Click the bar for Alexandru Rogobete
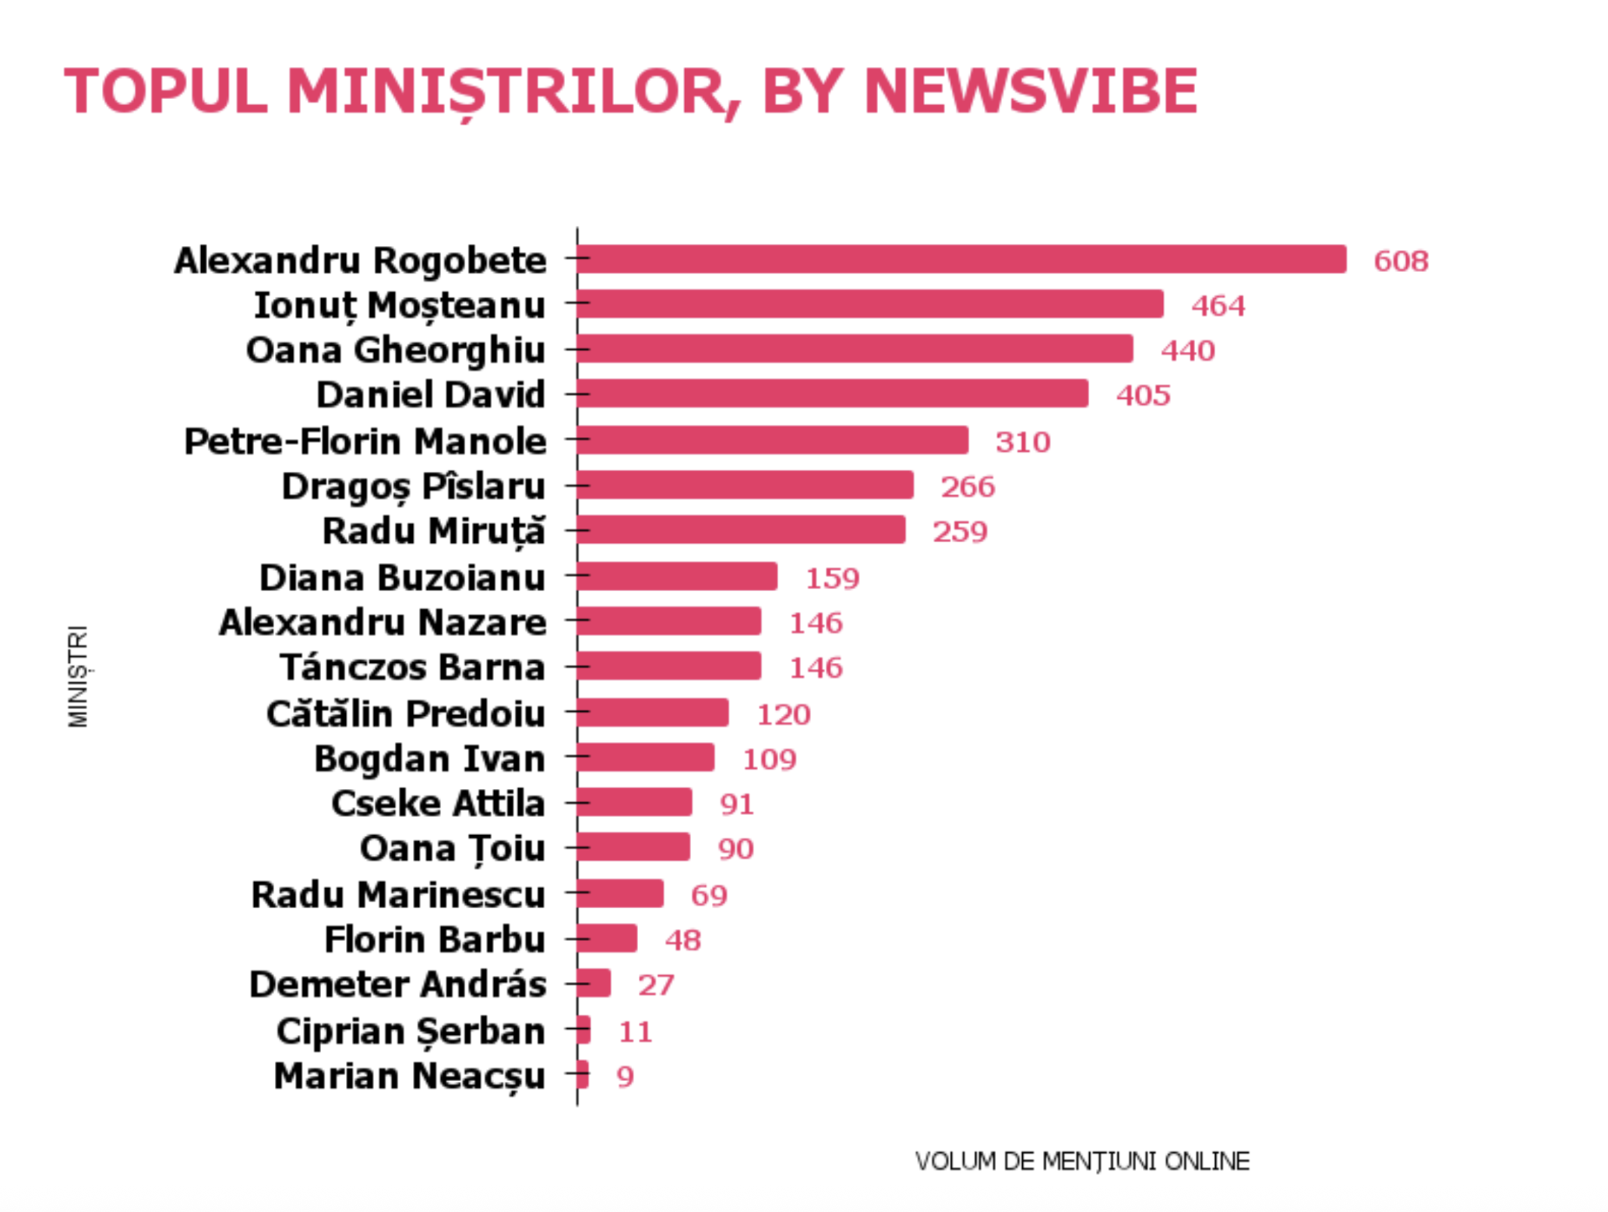(961, 259)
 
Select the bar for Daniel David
(832, 393)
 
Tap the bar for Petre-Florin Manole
(772, 440)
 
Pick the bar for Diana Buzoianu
(677, 576)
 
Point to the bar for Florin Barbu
(607, 939)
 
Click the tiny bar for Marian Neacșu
(583, 1075)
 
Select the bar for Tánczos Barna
(669, 666)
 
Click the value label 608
(1401, 261)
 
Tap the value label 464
(1218, 305)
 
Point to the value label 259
(960, 532)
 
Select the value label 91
(736, 804)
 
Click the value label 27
(655, 985)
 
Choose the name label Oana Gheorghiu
(395, 350)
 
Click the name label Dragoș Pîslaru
(413, 487)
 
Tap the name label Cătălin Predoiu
(405, 713)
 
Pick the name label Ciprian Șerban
(410, 1031)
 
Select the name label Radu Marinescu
(397, 894)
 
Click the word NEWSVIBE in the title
(1030, 92)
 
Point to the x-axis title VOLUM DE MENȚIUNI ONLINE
(1082, 1161)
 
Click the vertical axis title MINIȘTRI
(79, 676)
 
